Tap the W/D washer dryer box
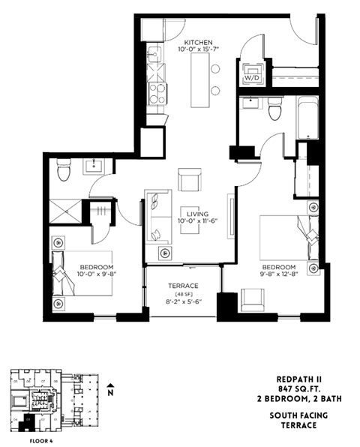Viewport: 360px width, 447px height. tap(251, 76)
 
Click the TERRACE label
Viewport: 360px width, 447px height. tap(183, 286)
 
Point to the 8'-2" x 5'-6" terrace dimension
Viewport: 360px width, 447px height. tap(183, 303)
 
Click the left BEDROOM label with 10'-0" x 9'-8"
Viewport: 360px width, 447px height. tap(97, 268)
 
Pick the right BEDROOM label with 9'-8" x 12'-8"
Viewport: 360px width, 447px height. tap(279, 268)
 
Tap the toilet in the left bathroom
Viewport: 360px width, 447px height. tap(64, 172)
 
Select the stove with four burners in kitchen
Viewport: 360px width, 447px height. tap(157, 93)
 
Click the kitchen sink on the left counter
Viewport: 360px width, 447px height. tap(155, 53)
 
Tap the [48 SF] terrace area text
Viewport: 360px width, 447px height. tap(183, 295)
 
